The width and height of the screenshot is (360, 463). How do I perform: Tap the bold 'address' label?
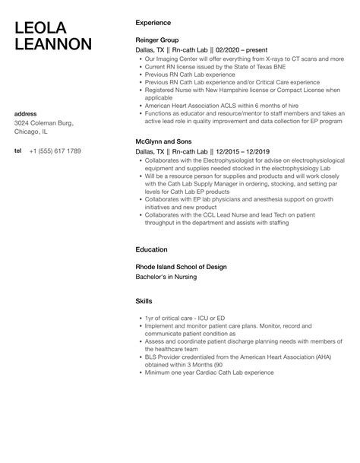(x=27, y=114)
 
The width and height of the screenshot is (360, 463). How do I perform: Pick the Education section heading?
(x=152, y=249)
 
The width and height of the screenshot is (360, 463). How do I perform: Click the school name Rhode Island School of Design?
(x=181, y=266)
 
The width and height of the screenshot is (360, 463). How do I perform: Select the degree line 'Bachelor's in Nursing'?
(x=166, y=277)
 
